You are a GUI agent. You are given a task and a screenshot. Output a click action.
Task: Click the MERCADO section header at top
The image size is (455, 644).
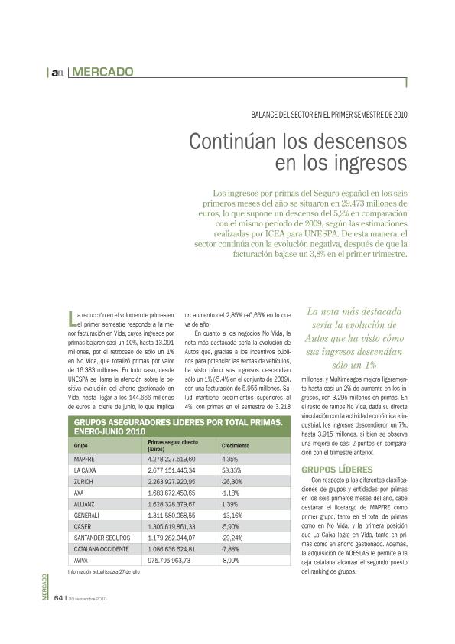click(x=103, y=72)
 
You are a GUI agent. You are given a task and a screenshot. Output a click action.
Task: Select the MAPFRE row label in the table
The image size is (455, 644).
click(x=83, y=459)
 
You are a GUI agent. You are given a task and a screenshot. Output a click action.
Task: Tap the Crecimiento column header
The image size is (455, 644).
click(x=237, y=445)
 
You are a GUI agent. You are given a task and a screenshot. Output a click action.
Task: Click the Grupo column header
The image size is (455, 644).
click(x=80, y=445)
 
